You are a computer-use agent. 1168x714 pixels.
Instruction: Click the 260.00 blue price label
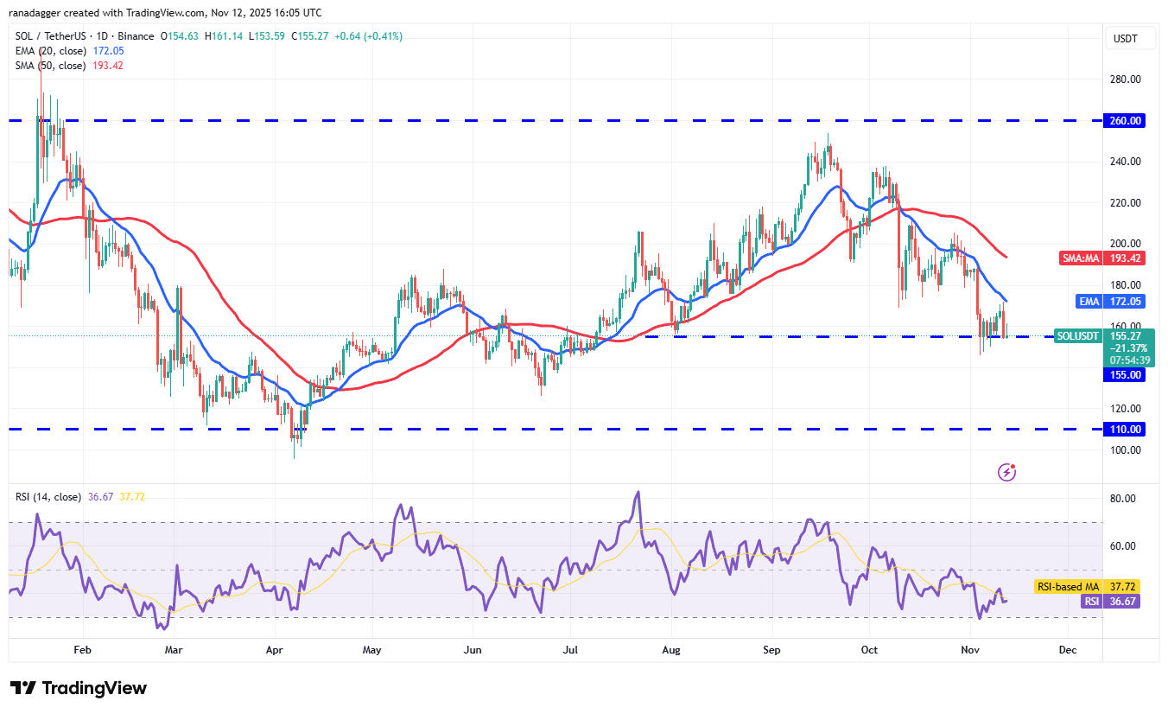pyautogui.click(x=1127, y=121)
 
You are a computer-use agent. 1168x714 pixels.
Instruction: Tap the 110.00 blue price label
pyautogui.click(x=1127, y=429)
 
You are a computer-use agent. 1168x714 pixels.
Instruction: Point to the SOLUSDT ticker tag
pyautogui.click(x=1078, y=335)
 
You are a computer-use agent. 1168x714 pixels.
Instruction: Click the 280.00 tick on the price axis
pyautogui.click(x=1126, y=80)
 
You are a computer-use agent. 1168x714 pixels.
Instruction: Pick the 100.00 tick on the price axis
pyautogui.click(x=1126, y=449)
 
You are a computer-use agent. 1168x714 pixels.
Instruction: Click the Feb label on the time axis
pyautogui.click(x=82, y=649)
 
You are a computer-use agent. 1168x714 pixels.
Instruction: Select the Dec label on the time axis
pyautogui.click(x=1067, y=649)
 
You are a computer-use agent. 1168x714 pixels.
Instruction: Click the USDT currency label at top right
pyautogui.click(x=1127, y=39)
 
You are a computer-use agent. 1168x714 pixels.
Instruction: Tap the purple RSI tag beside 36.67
pyautogui.click(x=1092, y=601)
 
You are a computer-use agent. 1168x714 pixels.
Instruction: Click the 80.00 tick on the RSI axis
pyautogui.click(x=1123, y=499)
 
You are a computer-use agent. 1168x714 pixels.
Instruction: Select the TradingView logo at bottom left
pyautogui.click(x=79, y=688)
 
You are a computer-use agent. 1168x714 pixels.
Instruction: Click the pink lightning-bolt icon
pyautogui.click(x=1006, y=472)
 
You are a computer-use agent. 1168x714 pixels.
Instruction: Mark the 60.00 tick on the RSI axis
pyautogui.click(x=1123, y=546)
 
